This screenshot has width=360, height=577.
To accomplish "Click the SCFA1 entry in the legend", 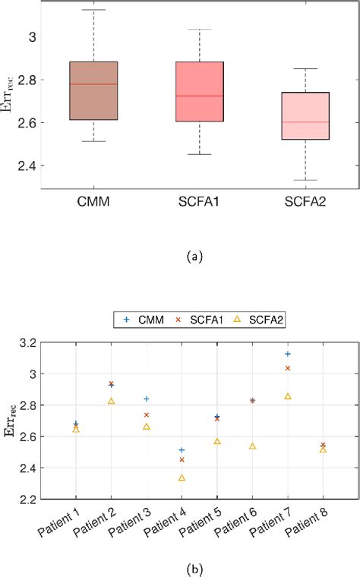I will [x=191, y=321].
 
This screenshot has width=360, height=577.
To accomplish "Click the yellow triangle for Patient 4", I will [x=182, y=478].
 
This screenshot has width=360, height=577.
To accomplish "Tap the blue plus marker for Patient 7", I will [x=288, y=354].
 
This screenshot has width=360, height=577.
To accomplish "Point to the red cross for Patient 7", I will [x=288, y=368].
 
